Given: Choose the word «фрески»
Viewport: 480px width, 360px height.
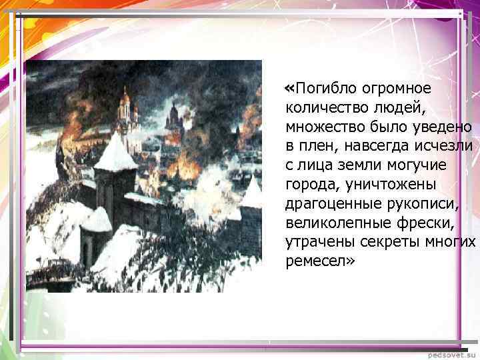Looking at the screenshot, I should point(411,221).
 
